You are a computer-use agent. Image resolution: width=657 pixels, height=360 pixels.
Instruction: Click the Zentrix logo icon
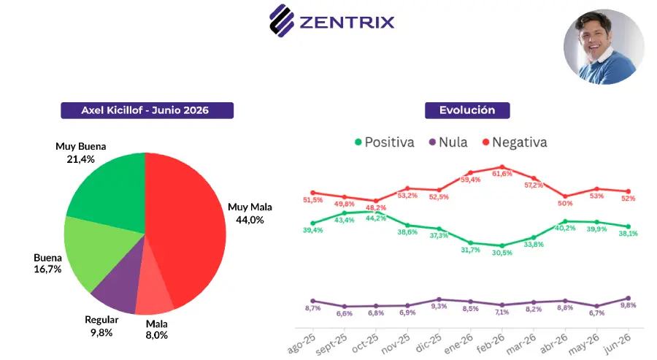tap(282, 20)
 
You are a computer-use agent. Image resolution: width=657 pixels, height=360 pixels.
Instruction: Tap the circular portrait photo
tap(604, 47)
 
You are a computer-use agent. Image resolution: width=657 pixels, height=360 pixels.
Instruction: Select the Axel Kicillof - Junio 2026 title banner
tap(147, 110)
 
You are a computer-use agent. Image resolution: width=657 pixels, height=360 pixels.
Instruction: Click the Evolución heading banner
tap(467, 110)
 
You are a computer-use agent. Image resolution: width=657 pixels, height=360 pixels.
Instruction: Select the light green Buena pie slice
tap(96, 251)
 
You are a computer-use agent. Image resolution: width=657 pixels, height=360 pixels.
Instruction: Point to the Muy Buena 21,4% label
tap(81, 153)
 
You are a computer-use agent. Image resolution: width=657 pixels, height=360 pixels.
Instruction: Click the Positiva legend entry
tap(384, 142)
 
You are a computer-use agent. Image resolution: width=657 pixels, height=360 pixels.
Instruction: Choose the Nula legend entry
tap(448, 142)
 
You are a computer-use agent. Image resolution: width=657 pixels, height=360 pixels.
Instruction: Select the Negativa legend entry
tap(515, 142)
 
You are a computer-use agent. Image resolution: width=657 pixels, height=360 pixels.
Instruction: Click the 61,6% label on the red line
tap(502, 174)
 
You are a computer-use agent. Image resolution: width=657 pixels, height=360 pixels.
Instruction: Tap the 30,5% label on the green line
tap(502, 253)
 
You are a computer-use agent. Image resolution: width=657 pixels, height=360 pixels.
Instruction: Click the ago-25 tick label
tap(301, 344)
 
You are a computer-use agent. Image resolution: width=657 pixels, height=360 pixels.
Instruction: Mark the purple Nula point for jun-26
tap(628, 299)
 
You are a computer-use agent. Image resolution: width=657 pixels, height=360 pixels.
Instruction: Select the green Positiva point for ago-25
tap(313, 223)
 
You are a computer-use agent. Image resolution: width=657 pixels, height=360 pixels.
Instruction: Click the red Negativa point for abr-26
tap(565, 196)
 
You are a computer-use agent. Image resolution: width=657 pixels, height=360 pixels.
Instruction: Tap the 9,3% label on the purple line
tap(439, 307)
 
